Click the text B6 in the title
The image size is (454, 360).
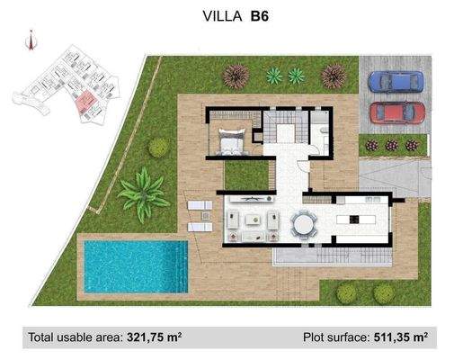coord(261,14)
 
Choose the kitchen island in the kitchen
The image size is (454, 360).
coord(354,219)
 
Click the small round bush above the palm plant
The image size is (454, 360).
coord(159,147)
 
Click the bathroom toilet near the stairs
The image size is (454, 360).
coord(323,130)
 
